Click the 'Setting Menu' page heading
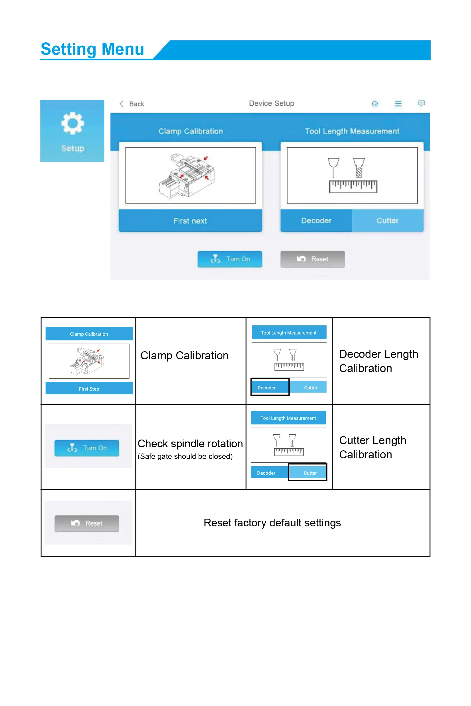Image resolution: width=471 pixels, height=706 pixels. pos(92,49)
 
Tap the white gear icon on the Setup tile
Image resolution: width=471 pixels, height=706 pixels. pos(72,123)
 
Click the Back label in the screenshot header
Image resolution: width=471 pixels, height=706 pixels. pos(136,104)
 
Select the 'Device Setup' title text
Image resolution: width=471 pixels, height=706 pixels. pos(271,103)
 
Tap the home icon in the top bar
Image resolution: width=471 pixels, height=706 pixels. pos(374,104)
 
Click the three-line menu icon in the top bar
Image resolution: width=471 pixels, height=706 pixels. pos(398,104)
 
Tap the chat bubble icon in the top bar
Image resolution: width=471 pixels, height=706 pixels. pos(421,103)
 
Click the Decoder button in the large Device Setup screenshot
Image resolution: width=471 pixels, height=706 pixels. pos(316,221)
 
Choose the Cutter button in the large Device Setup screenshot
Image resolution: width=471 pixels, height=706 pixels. pos(388,221)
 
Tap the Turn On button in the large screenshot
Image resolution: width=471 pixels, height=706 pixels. pos(230,259)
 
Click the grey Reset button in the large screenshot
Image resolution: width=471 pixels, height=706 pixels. pos(312,259)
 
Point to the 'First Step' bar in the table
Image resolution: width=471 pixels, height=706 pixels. pos(89,389)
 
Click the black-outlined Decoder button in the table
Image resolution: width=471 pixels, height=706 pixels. pos(270,387)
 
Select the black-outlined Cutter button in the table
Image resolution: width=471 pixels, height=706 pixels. pos(307,472)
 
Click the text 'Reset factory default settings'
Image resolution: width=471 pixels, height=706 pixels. pos(272,523)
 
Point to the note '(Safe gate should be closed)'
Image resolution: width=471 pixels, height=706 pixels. pos(185,456)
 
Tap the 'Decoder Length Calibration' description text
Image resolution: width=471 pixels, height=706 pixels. pos(378,361)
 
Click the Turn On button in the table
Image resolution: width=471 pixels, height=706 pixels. pos(87,448)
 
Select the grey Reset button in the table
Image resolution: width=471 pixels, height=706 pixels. pos(87,523)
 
